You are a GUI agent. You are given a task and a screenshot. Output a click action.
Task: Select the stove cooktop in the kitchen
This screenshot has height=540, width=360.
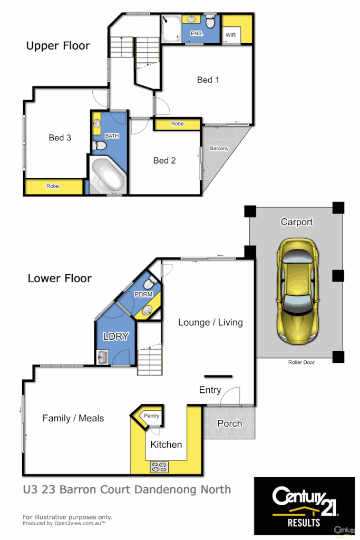pos(159,466)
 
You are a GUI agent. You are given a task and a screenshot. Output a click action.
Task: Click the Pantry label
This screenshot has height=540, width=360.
pos(152,416)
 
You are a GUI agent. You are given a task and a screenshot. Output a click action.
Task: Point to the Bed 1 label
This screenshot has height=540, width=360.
pos(208,80)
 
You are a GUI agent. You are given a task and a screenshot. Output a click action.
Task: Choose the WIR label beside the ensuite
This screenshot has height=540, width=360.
pos(231,35)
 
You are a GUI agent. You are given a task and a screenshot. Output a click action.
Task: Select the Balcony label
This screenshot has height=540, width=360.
pos(219,148)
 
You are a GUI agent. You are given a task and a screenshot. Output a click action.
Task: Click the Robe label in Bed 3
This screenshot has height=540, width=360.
pos(52,186)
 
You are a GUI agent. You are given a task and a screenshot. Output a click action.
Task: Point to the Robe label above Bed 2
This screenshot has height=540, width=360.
pos(177,124)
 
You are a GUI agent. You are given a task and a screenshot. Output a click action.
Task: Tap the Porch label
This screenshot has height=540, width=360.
pos(230,423)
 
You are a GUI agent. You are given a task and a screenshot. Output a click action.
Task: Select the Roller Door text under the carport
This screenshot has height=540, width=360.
pos(301,362)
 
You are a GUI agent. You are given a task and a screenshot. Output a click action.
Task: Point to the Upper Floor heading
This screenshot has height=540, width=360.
pos(58,46)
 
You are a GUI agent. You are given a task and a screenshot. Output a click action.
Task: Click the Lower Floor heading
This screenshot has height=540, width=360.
pos(60,278)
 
